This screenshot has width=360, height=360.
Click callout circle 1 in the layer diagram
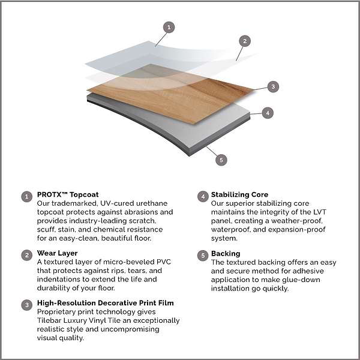point(169,27)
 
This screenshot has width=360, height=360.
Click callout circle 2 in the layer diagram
point(244,41)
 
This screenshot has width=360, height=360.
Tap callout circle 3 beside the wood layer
point(273,86)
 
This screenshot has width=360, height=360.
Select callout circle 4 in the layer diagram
point(269,112)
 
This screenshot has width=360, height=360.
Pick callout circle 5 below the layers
point(221,160)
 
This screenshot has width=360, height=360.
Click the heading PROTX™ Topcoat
point(68,195)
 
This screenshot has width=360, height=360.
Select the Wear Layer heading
point(57,253)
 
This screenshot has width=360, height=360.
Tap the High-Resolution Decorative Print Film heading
point(106,304)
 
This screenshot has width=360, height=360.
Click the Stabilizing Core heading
point(239,195)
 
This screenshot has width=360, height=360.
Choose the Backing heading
point(226,254)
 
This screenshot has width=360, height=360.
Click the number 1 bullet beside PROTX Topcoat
point(26,196)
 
